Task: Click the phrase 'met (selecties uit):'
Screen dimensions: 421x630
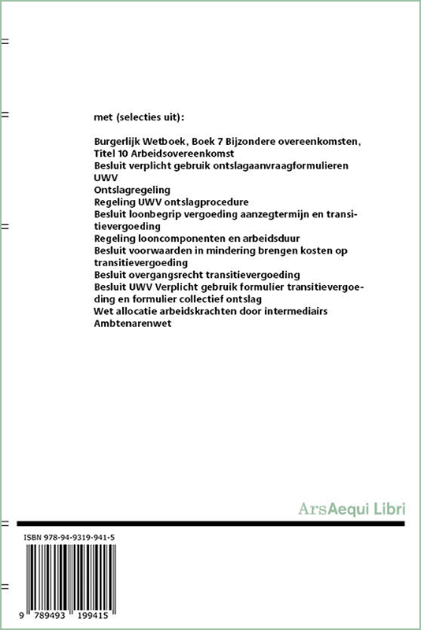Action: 138,117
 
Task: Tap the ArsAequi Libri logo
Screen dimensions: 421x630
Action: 351,508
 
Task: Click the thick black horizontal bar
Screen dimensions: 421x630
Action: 210,523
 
